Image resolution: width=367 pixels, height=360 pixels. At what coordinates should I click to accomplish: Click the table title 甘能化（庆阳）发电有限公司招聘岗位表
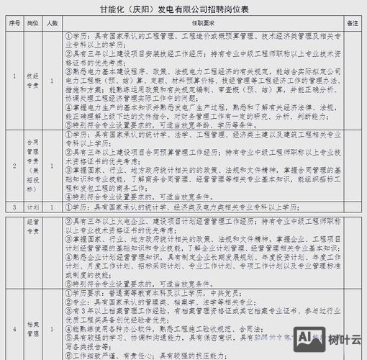click(183, 9)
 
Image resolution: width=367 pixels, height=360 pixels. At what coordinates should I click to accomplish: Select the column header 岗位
click(32, 23)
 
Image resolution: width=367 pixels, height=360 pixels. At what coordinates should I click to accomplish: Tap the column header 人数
click(52, 23)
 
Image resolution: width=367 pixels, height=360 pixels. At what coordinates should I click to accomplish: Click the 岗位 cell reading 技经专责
click(32, 80)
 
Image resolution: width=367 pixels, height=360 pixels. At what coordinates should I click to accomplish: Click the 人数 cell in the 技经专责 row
click(52, 80)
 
